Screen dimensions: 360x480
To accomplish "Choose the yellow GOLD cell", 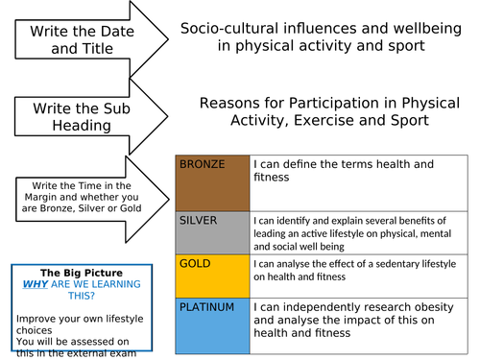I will pos(212,275).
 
